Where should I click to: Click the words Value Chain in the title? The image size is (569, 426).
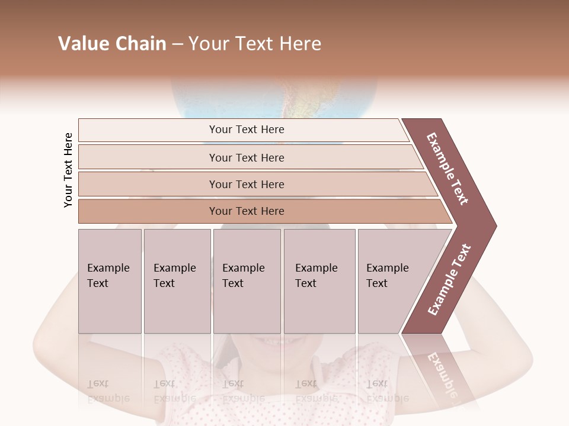click(x=112, y=44)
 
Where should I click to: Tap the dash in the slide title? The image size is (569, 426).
click(x=177, y=44)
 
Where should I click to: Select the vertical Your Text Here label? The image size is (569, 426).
click(x=68, y=170)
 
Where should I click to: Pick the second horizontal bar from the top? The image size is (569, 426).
click(x=247, y=157)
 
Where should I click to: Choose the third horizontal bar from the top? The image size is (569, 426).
click(x=247, y=184)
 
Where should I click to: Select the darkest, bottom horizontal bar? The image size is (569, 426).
click(x=247, y=211)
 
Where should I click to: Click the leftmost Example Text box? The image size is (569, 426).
click(x=110, y=280)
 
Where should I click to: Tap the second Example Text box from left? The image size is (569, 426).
click(x=177, y=280)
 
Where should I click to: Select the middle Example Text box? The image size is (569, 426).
click(x=247, y=280)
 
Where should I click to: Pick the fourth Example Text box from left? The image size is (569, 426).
click(x=319, y=280)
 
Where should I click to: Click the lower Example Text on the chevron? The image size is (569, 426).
click(x=449, y=279)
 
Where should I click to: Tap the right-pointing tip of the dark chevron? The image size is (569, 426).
click(x=494, y=225)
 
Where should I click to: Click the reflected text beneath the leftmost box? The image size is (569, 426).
click(x=108, y=390)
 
